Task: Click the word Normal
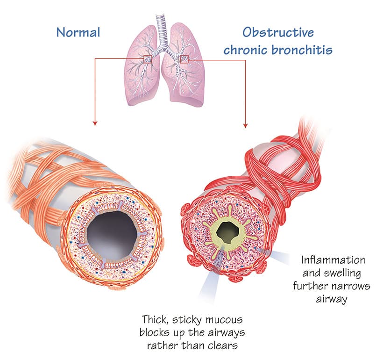(x=78, y=32)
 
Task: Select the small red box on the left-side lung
(x=148, y=59)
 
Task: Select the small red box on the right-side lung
(x=184, y=58)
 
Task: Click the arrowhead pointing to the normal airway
(x=95, y=123)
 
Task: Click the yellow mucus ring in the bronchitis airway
(x=217, y=229)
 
